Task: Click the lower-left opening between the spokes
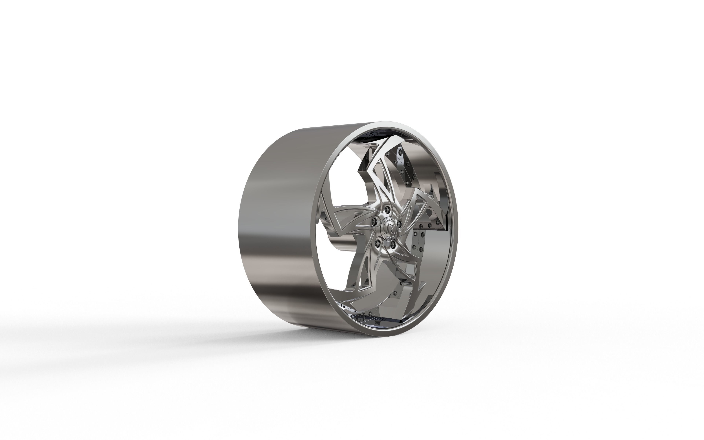coord(338,262)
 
